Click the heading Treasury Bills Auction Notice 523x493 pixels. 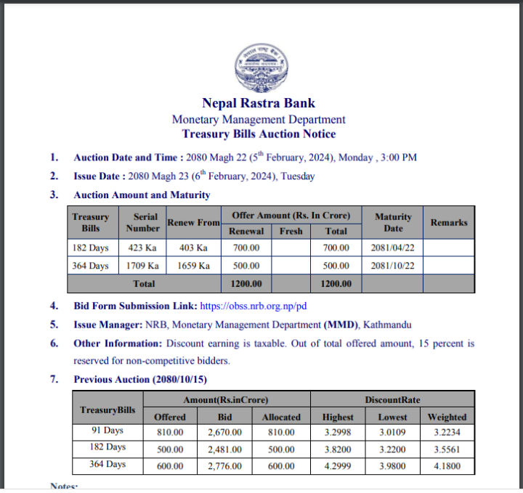[x=259, y=134]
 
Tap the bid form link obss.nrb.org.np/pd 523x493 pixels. [x=253, y=306]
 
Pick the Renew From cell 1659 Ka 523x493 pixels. [x=193, y=266]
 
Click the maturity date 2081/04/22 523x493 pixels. [x=392, y=248]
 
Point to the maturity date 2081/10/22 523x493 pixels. [x=392, y=266]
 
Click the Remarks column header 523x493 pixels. [x=448, y=223]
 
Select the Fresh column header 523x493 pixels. [x=291, y=232]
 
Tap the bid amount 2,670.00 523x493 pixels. [x=224, y=432]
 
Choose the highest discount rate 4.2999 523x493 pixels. [x=338, y=465]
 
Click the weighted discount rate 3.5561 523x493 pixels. [x=446, y=449]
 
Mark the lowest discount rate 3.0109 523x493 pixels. [x=392, y=432]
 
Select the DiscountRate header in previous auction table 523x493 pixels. [x=392, y=399]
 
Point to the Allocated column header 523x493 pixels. [x=281, y=417]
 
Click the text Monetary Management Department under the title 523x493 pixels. [x=259, y=119]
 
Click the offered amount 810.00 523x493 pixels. [x=170, y=432]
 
